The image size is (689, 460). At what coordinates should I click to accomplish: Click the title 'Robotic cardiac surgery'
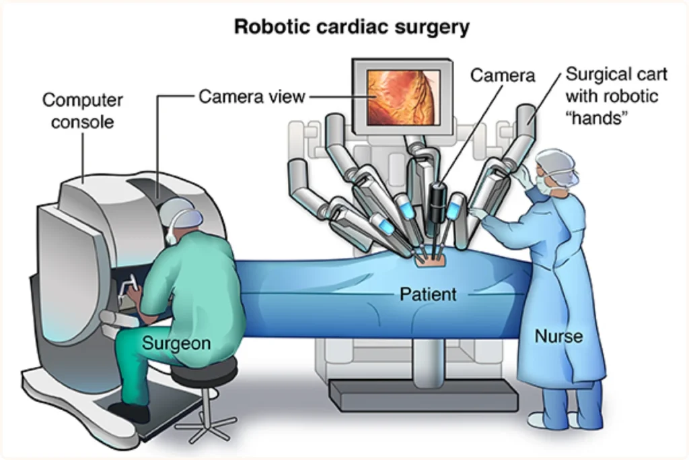(x=351, y=28)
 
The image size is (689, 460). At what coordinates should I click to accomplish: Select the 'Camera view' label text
(x=252, y=97)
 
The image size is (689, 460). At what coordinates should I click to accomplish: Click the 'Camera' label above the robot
(x=503, y=75)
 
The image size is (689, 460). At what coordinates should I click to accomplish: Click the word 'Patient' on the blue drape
(x=428, y=294)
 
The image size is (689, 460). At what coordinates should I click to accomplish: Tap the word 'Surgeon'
(x=176, y=343)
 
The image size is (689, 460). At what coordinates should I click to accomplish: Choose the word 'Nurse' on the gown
(x=558, y=335)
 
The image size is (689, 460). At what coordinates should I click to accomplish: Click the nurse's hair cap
(x=558, y=162)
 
